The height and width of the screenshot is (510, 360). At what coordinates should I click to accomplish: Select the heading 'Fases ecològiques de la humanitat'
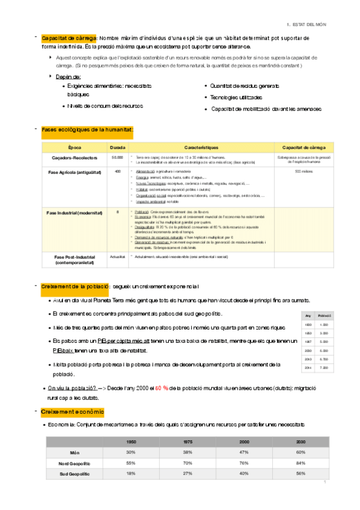pos(87,129)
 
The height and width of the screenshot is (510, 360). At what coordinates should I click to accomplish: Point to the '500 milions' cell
pos(304,171)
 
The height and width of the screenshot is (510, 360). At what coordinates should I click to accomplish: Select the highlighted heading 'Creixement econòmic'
pos(73,411)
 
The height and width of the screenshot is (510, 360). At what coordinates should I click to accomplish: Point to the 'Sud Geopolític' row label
pos(75,474)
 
